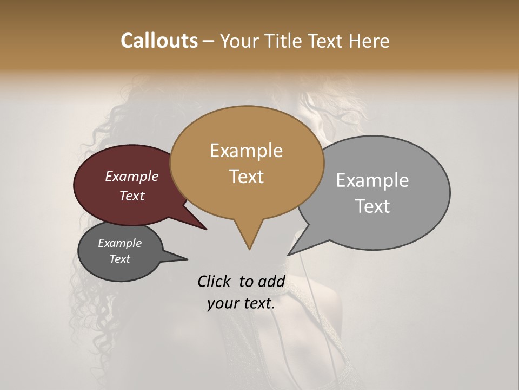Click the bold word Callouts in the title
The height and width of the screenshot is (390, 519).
coord(159,41)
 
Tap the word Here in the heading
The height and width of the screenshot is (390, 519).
coord(369,41)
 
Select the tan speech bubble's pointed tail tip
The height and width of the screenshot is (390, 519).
coord(249,249)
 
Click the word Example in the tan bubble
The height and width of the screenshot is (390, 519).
coord(246,151)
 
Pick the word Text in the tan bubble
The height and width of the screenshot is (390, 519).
coord(246,177)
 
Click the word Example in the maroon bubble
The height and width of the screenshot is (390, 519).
coord(131,176)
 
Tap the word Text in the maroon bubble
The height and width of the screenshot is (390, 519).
coord(131,196)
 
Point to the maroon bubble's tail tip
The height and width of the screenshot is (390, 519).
coord(207,230)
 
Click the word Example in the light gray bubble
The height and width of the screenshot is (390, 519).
coord(372,180)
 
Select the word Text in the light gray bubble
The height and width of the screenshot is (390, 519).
coord(372,206)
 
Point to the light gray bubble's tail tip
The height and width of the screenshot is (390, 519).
coord(288,255)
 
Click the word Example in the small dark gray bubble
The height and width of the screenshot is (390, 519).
coord(119,243)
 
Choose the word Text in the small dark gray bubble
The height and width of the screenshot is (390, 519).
coord(119,259)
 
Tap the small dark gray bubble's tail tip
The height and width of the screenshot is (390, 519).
coord(188,259)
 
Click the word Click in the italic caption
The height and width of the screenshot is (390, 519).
coord(215,281)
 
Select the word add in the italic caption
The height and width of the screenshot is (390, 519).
coord(270,281)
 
